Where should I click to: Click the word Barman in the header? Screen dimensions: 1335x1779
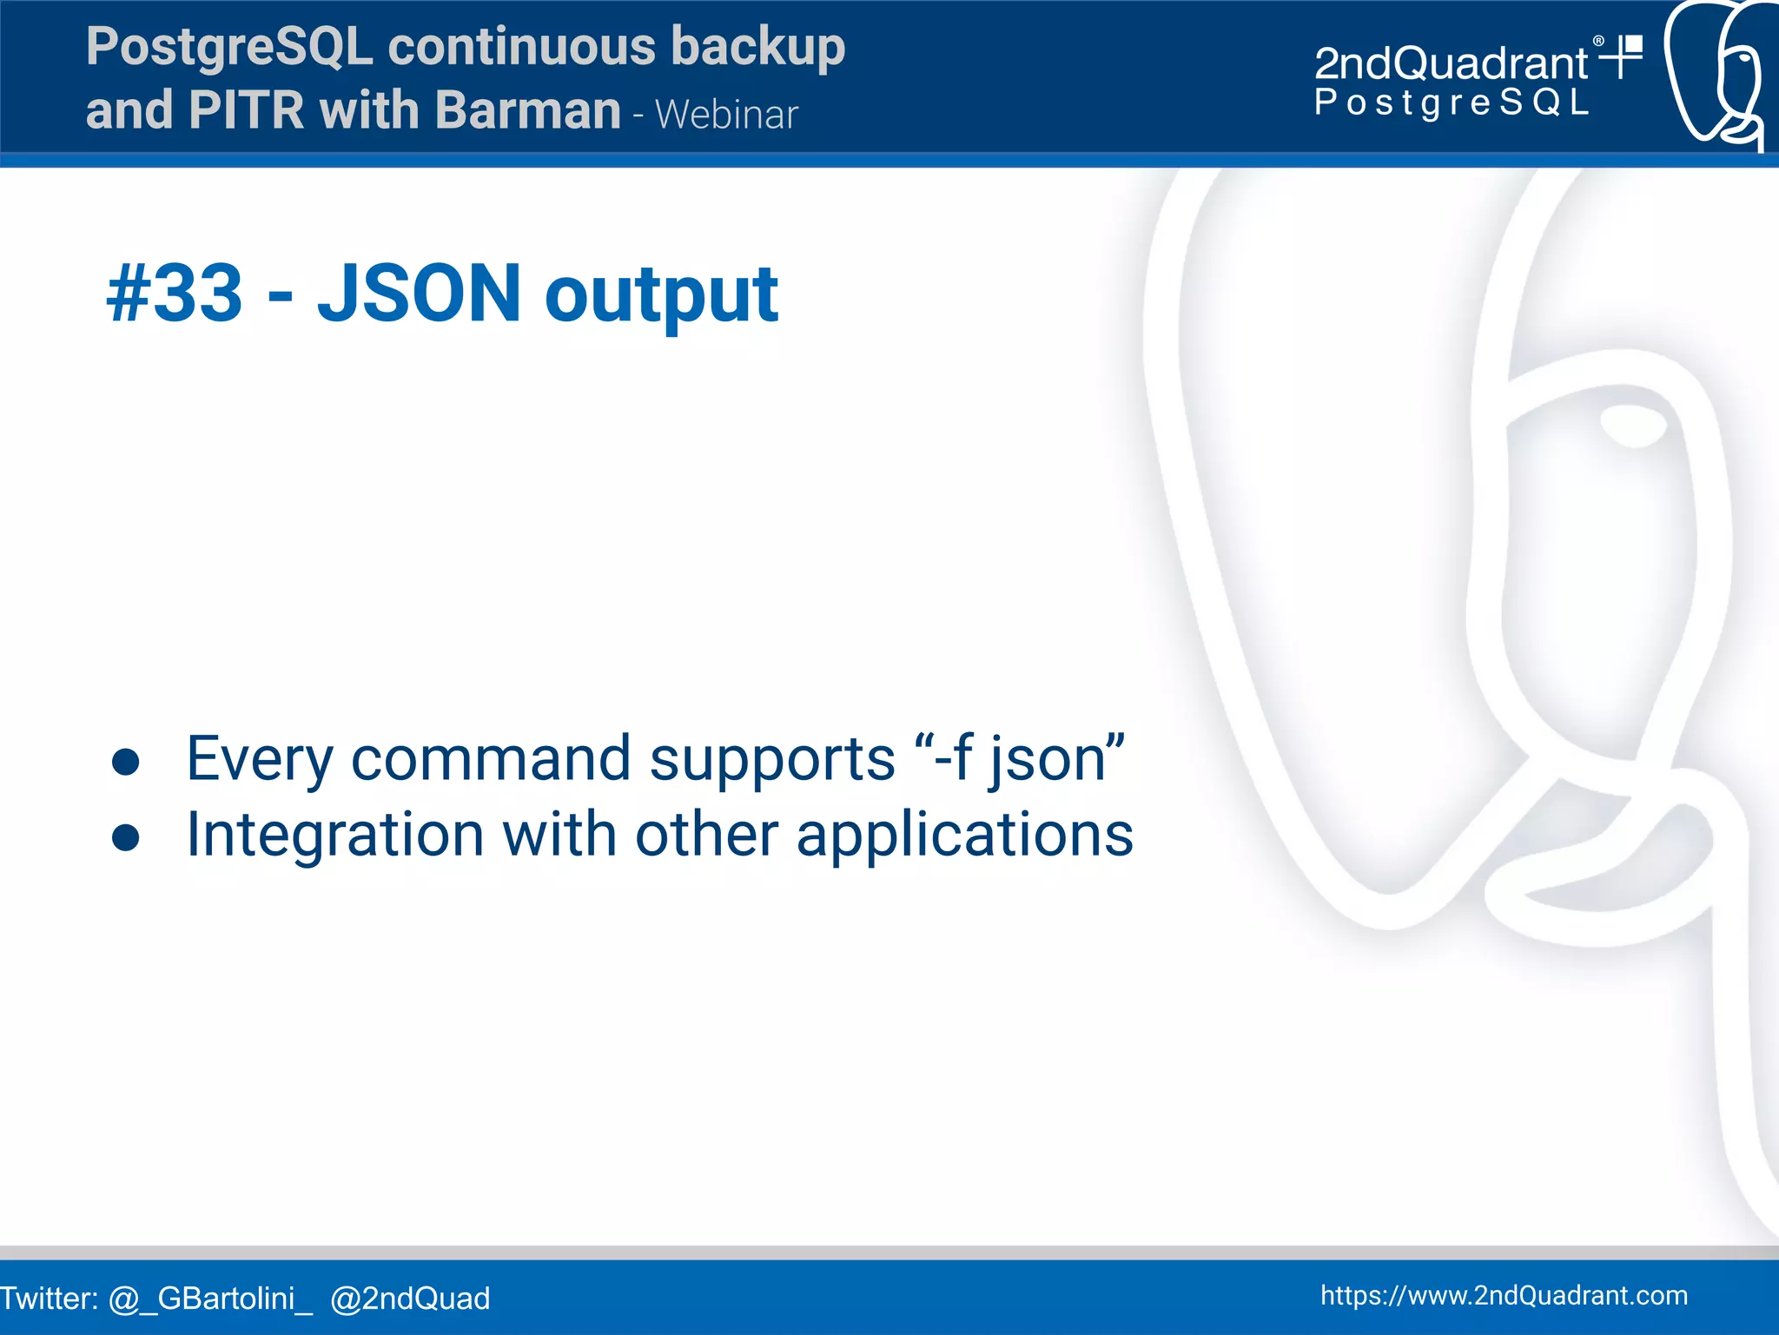(527, 110)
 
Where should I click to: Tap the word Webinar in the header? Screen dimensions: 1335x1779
(726, 115)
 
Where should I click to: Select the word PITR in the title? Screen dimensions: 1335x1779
(246, 110)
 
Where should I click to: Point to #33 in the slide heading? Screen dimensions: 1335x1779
(174, 294)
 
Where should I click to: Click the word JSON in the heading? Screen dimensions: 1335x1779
(419, 294)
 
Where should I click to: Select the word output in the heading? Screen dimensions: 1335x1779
(661, 297)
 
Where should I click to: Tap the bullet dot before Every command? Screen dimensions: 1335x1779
(126, 761)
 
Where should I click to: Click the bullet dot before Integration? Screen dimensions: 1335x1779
(126, 836)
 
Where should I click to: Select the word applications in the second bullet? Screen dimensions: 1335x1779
(964, 836)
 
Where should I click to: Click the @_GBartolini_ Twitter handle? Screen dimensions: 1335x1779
(209, 1299)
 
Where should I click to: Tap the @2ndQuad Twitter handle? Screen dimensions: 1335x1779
(410, 1299)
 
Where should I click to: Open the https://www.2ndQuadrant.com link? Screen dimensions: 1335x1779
(1504, 1295)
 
